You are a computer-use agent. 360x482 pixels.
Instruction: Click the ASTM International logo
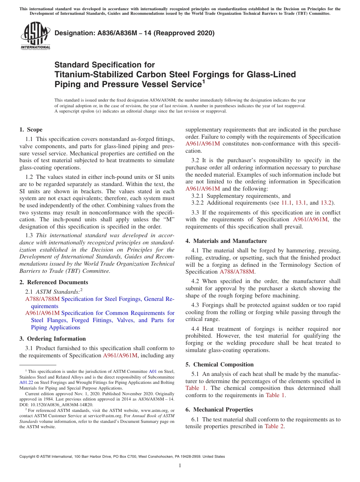pyautogui.click(x=35, y=36)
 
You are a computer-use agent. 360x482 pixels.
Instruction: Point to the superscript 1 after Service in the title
pyautogui.click(x=203, y=81)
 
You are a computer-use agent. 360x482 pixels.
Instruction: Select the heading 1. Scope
pyautogui.click(x=31, y=130)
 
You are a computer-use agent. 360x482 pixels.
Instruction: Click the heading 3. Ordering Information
pyautogui.click(x=53, y=339)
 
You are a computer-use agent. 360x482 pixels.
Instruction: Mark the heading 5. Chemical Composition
pyautogui.click(x=219, y=365)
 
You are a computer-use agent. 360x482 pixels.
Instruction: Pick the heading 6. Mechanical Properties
pyautogui.click(x=219, y=410)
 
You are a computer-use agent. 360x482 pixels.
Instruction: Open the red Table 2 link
pyautogui.click(x=274, y=427)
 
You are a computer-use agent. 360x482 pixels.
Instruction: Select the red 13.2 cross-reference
pyautogui.click(x=327, y=203)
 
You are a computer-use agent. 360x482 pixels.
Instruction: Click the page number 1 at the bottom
pyautogui.click(x=180, y=466)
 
